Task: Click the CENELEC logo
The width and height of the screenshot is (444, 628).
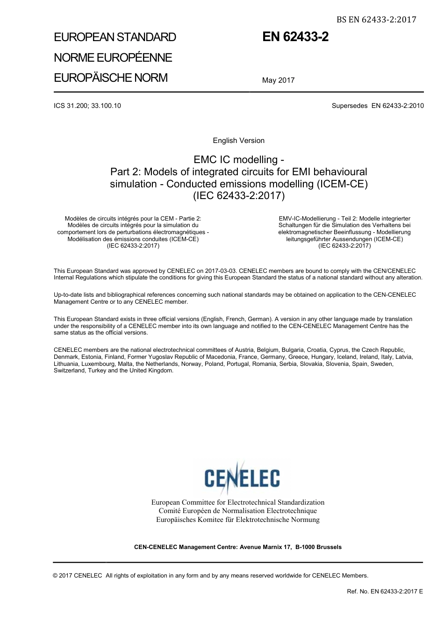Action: coord(242,478)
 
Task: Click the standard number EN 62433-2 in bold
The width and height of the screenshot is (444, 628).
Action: coord(295,37)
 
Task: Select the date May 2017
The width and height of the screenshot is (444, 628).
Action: coord(278,80)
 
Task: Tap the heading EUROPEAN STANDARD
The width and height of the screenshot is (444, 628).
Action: coord(115,37)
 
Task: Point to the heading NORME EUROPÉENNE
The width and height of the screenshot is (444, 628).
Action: coord(113,58)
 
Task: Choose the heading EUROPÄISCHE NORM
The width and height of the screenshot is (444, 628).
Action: coord(111,78)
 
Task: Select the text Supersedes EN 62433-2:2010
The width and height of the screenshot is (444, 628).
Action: coord(378,106)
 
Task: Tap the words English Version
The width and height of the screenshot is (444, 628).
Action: coord(238,141)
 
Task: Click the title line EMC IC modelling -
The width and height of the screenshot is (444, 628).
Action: coord(238,160)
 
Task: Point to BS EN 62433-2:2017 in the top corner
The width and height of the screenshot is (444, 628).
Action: coord(376,20)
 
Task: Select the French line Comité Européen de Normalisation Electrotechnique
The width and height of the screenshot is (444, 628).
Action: coord(238,511)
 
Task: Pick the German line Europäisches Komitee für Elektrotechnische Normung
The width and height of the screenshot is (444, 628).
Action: coord(238,520)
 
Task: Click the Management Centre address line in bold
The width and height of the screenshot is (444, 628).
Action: coord(238,547)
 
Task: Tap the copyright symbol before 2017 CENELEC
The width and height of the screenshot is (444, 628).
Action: coord(56,576)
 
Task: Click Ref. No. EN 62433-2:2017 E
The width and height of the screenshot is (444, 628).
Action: coord(385,592)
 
